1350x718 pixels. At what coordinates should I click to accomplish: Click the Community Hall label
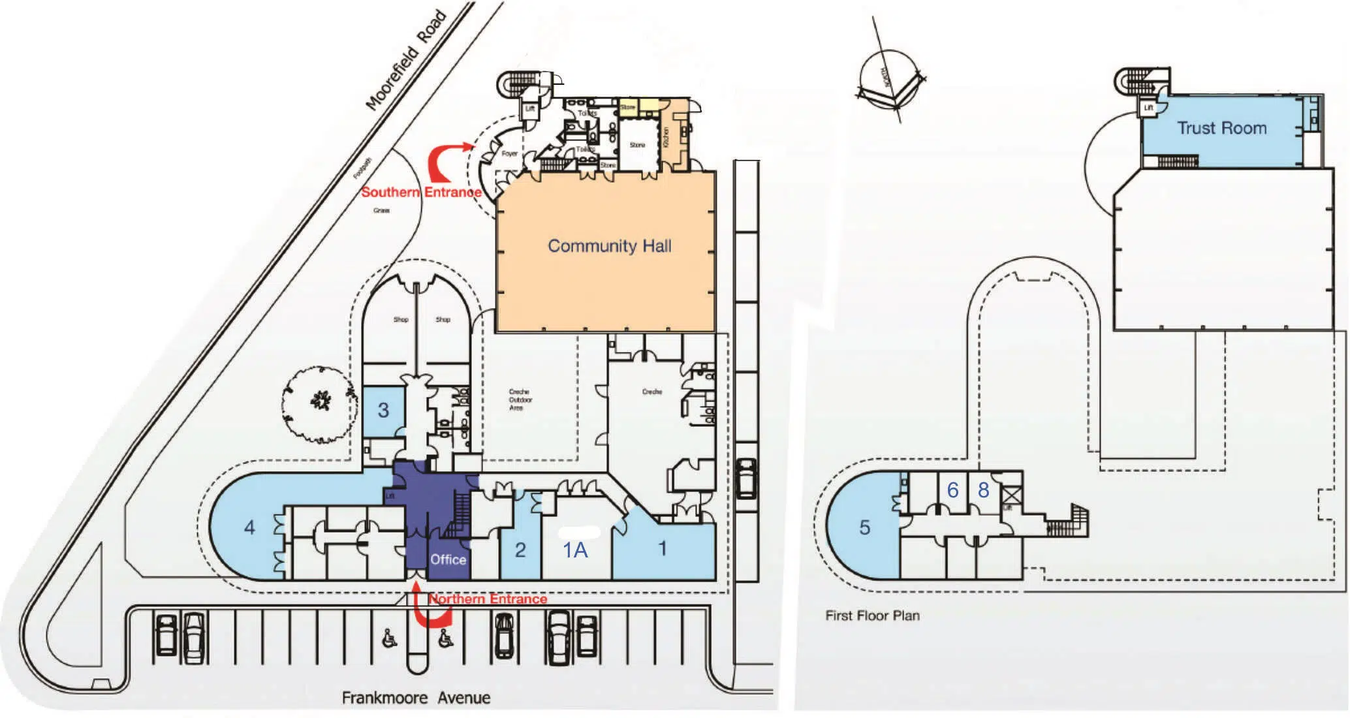[609, 246]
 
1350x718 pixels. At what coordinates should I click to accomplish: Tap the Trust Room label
[1221, 128]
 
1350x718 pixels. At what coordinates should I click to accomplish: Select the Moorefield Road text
[406, 60]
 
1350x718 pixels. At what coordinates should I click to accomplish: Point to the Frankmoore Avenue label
[416, 698]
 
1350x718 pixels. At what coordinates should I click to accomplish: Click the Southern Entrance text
[421, 192]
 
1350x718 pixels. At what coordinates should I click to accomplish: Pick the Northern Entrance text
[488, 599]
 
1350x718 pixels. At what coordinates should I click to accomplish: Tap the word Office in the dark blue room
[448, 559]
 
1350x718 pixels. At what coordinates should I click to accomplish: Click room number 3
[383, 410]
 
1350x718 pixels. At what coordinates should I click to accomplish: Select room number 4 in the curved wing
[249, 527]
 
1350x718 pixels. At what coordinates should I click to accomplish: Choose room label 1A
[575, 550]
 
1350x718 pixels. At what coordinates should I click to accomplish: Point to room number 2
[520, 550]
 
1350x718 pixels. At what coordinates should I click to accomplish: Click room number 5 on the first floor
[864, 527]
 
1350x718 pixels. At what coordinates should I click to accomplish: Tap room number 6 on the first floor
[952, 490]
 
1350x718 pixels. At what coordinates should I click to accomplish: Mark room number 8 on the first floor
[983, 490]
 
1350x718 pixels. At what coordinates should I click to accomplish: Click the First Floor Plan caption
[872, 616]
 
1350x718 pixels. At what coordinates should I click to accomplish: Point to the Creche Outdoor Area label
[520, 399]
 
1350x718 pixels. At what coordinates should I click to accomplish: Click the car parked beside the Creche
[746, 478]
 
